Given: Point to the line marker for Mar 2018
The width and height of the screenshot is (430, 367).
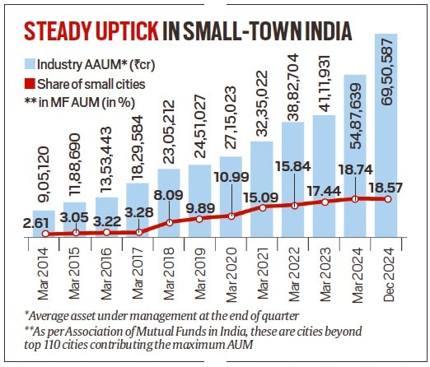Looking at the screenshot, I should tap(170, 222).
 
